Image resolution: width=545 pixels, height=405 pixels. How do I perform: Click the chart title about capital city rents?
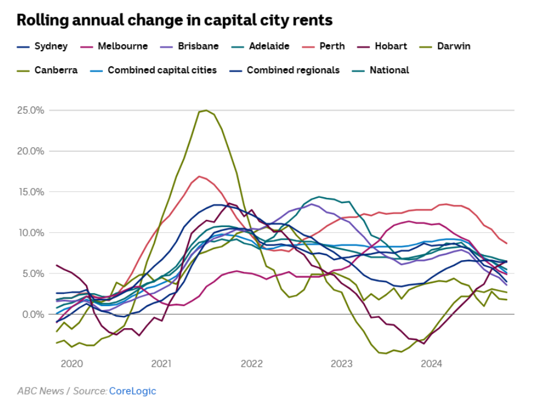(x=174, y=20)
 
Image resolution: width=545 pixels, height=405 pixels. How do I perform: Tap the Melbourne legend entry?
(x=122, y=46)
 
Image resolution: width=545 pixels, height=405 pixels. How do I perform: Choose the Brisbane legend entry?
(x=198, y=46)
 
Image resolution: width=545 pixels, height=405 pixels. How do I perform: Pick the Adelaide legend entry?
(x=269, y=46)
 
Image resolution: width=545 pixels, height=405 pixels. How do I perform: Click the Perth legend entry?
(x=332, y=46)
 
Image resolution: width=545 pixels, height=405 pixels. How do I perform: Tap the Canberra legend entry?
(x=55, y=70)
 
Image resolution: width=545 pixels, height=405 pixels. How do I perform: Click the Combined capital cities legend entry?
(x=162, y=70)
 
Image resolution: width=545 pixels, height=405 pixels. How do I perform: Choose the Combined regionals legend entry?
(x=293, y=70)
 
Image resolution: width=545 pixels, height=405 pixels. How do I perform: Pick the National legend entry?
(x=389, y=70)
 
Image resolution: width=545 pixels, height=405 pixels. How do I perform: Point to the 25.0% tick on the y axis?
(x=30, y=110)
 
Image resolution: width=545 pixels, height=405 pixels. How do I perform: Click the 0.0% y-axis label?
(x=31, y=315)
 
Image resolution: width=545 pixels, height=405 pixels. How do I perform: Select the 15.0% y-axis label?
(x=30, y=192)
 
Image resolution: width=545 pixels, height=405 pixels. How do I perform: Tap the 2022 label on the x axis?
(x=252, y=364)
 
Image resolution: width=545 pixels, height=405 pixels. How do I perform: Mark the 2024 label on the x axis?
(x=432, y=364)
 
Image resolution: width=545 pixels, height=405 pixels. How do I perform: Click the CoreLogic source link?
(x=133, y=391)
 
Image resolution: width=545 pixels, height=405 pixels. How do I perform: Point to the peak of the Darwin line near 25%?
(x=205, y=110)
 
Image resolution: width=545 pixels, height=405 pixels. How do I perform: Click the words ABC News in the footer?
(x=40, y=391)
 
